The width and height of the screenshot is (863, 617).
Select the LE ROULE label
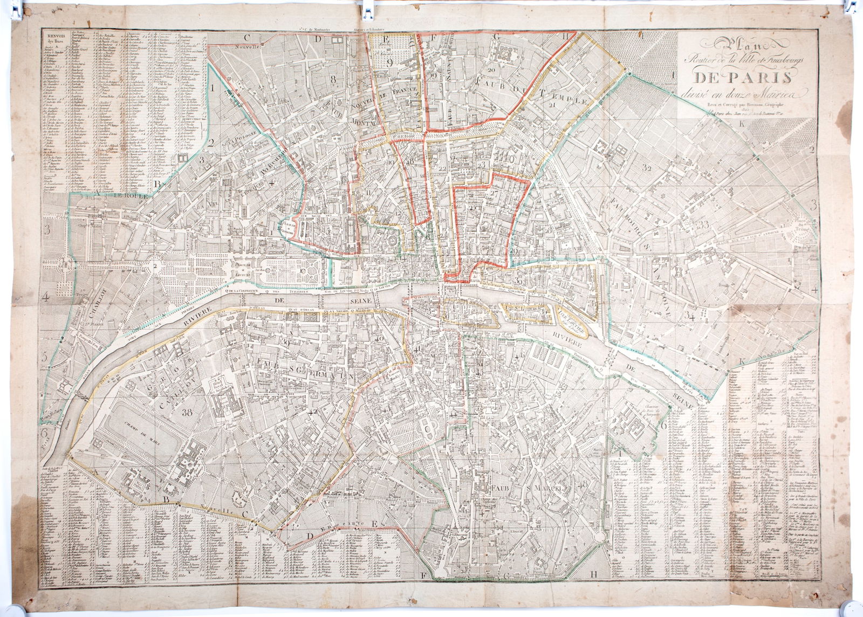click(118, 197)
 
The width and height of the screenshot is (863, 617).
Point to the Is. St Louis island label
click(526, 310)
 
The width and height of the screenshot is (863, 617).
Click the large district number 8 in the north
click(333, 79)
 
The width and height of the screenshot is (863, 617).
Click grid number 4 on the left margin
click(47, 296)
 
